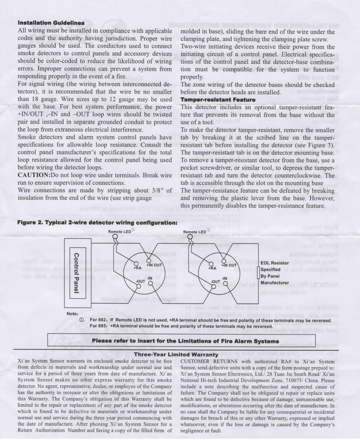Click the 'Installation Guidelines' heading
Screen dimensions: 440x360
(51, 21)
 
